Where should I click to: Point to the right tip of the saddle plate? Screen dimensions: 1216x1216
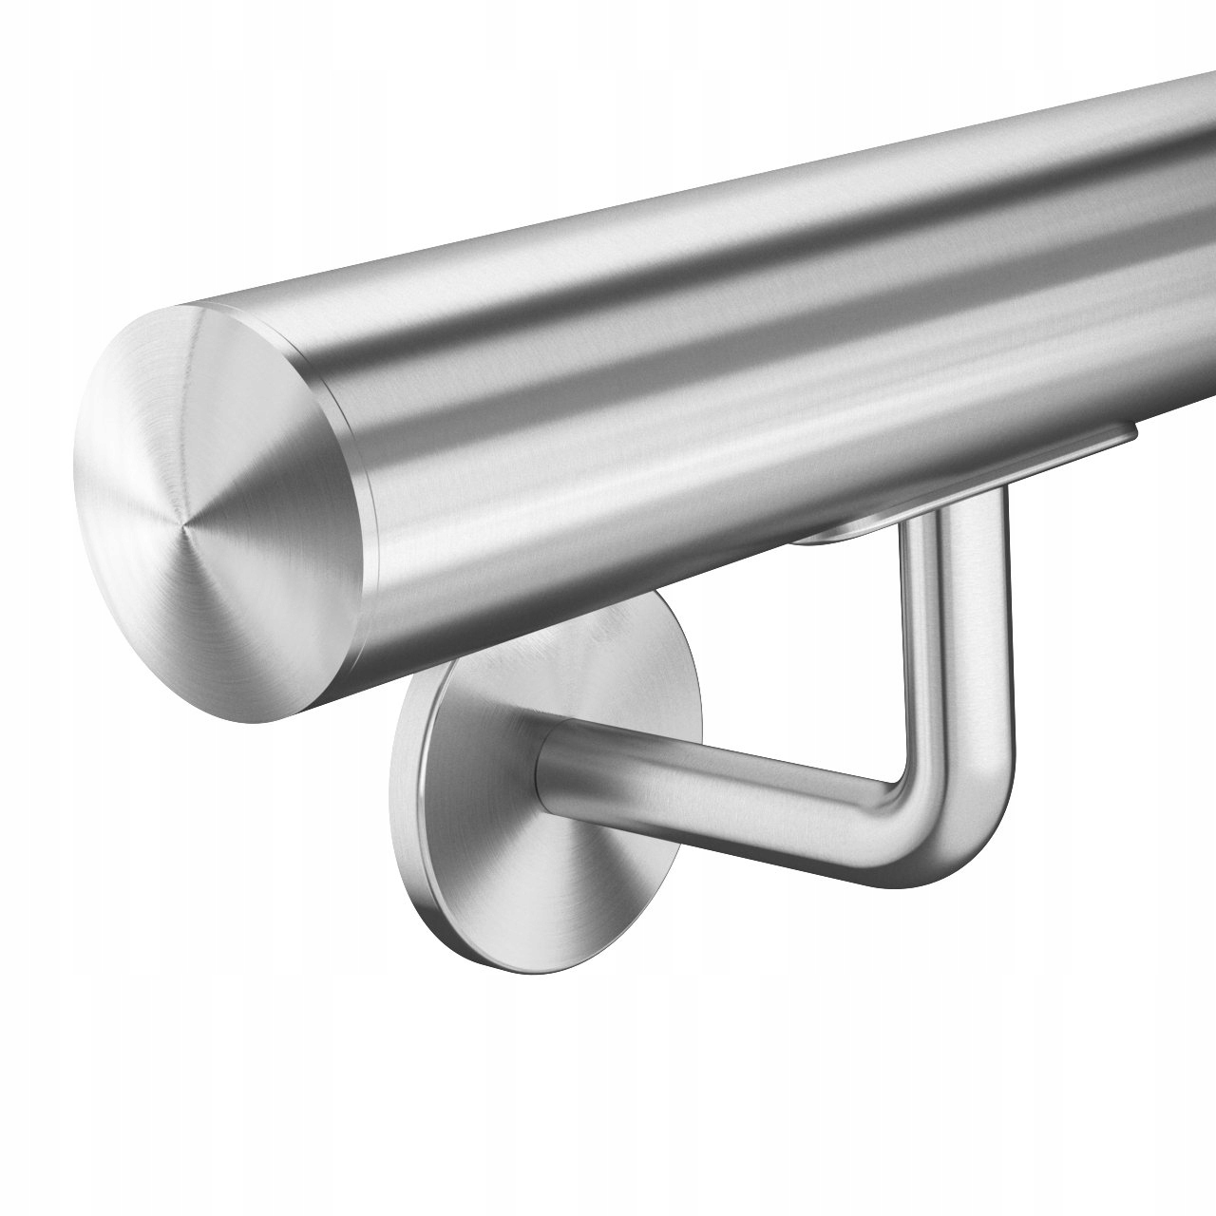[1136, 433]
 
